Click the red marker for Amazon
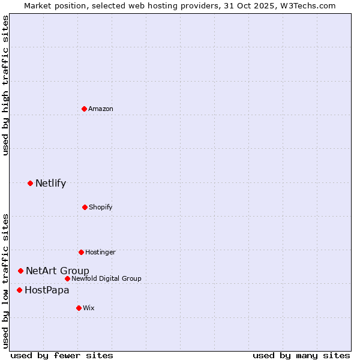(85, 109)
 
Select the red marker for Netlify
(30, 183)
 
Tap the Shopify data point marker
(85, 207)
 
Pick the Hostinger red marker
(81, 252)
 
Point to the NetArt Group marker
(20, 271)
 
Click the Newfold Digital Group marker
(67, 278)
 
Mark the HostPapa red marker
(19, 290)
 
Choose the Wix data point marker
(79, 308)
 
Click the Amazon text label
(101, 109)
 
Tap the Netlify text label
(50, 183)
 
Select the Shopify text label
(101, 207)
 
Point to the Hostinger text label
(100, 252)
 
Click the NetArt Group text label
(58, 271)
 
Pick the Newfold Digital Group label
(106, 278)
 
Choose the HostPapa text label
(47, 290)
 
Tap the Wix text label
(89, 308)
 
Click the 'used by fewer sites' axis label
(62, 355)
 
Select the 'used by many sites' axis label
(301, 355)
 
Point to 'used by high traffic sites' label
(5, 85)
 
